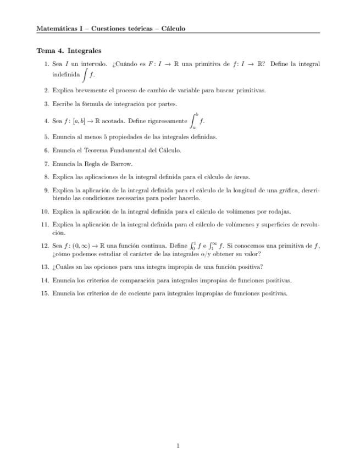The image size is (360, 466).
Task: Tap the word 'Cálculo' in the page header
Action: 173,28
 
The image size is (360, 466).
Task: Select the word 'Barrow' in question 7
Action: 121,163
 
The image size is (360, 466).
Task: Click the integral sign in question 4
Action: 193,120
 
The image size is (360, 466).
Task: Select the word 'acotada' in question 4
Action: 113,120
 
